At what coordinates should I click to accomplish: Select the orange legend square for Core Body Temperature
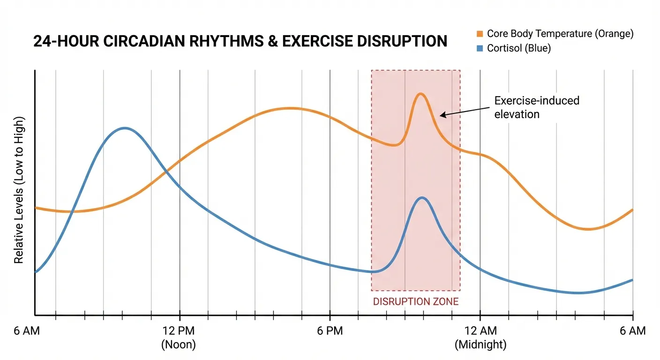(x=480, y=34)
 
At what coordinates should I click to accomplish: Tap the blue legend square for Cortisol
(x=480, y=48)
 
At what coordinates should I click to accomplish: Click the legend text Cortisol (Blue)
(x=519, y=48)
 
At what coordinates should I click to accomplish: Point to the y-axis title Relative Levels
(x=19, y=189)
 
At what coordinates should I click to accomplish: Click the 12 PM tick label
(x=178, y=331)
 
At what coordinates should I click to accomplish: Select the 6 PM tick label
(x=330, y=331)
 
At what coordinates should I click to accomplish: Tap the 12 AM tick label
(x=480, y=331)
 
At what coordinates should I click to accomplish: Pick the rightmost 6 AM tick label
(x=632, y=331)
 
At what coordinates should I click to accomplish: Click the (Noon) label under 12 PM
(x=178, y=345)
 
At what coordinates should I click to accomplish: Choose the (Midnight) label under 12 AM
(x=480, y=345)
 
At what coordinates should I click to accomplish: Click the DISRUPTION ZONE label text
(x=416, y=302)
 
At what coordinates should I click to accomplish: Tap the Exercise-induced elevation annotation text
(x=537, y=107)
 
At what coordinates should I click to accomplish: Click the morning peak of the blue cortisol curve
(x=124, y=127)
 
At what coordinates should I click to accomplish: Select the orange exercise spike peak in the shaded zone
(x=420, y=94)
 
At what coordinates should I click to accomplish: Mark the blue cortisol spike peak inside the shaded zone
(x=422, y=197)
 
